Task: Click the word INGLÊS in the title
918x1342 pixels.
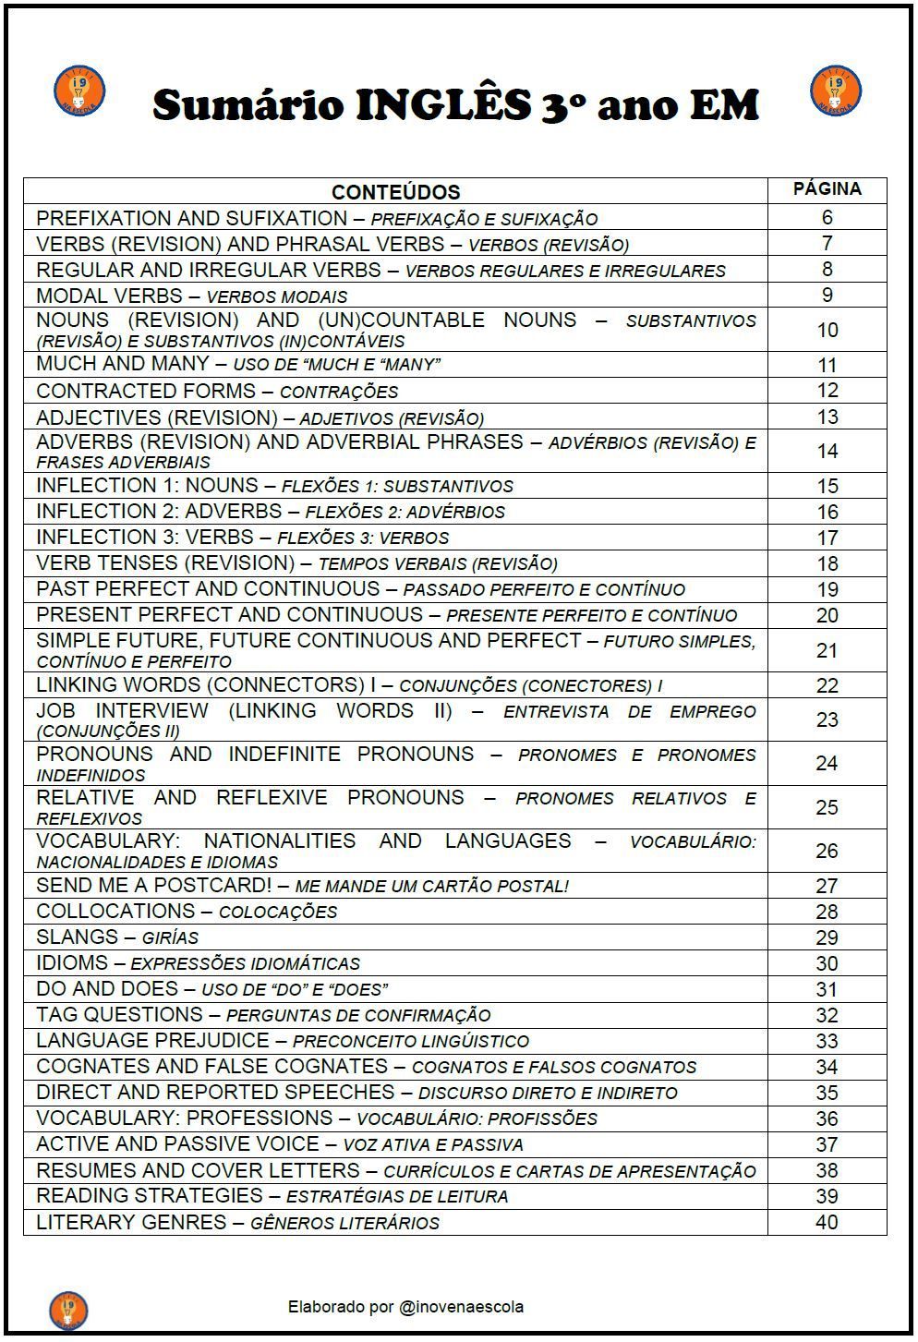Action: (x=443, y=104)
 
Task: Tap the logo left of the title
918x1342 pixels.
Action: (x=79, y=91)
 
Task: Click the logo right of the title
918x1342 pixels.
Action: (x=835, y=91)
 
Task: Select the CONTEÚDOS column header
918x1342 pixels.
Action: (x=395, y=192)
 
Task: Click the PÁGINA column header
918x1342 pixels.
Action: (x=827, y=189)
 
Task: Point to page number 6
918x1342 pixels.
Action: (x=827, y=218)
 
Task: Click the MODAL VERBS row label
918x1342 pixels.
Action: (x=109, y=296)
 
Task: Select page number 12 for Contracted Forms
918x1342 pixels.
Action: (x=827, y=391)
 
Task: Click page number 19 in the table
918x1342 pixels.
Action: (x=827, y=589)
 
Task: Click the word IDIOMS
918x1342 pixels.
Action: (x=72, y=962)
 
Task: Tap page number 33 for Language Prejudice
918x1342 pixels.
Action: (x=827, y=1041)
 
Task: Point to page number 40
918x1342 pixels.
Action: (x=827, y=1222)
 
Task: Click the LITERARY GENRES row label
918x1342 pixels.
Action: (x=131, y=1222)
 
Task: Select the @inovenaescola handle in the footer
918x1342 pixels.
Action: (x=461, y=1306)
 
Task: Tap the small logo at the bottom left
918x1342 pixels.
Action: (x=68, y=1310)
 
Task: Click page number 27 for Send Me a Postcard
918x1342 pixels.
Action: (x=827, y=886)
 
